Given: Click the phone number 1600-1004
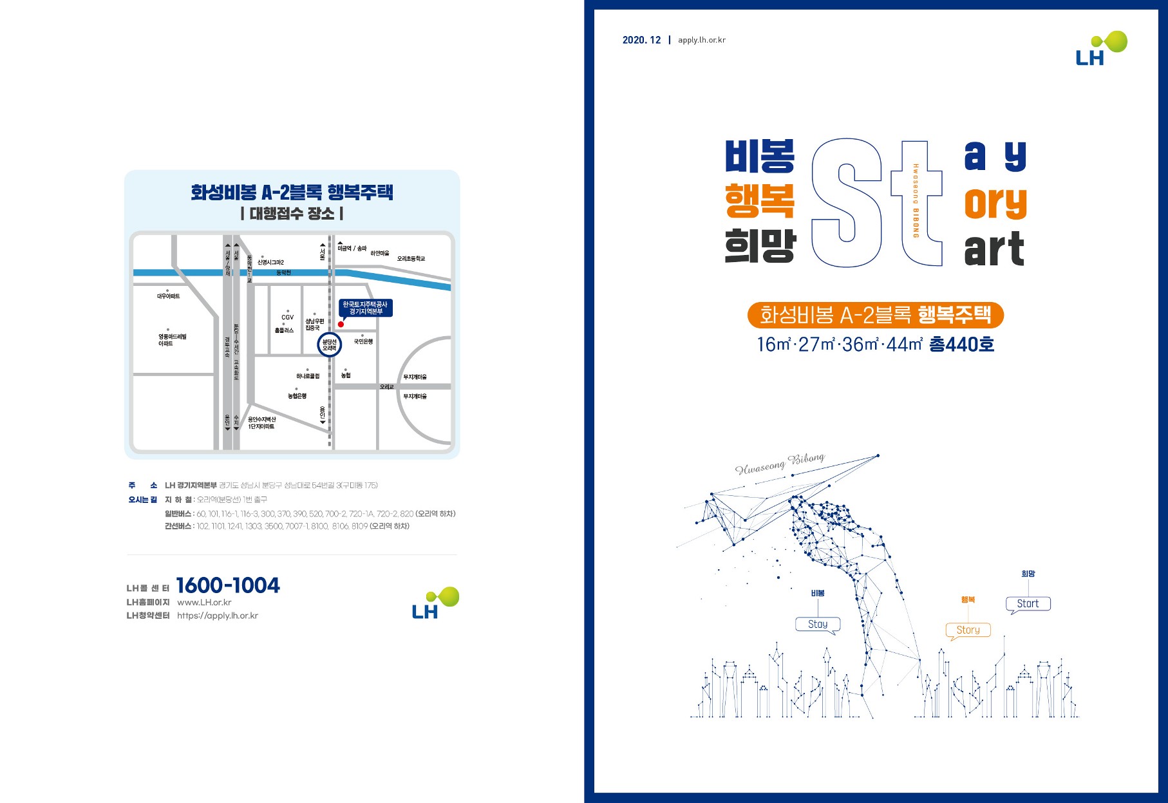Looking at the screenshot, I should (x=228, y=585).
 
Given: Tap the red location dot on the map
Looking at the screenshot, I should (x=341, y=324).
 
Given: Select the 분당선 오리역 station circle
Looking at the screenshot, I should (x=330, y=345).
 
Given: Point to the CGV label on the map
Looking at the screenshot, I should (x=287, y=317).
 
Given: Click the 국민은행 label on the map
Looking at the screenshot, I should (x=363, y=341).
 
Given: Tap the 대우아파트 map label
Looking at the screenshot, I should (x=168, y=296).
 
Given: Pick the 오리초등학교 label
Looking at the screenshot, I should (x=411, y=259).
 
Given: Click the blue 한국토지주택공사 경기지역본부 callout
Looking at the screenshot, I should (x=365, y=308).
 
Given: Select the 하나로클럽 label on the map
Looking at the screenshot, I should (x=308, y=376).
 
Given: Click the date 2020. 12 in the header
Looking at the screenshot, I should (x=641, y=40).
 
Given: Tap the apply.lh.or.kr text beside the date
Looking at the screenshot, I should (x=702, y=40).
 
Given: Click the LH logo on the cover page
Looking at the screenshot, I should (x=1101, y=49).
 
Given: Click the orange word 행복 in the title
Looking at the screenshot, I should (x=760, y=200).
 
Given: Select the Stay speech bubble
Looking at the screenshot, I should (x=818, y=624).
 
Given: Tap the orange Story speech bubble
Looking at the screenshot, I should (x=968, y=630).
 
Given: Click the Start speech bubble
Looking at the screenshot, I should (x=1028, y=603).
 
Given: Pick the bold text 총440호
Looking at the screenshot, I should (x=961, y=345).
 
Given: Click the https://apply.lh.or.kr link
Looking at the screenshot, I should (x=218, y=616).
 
